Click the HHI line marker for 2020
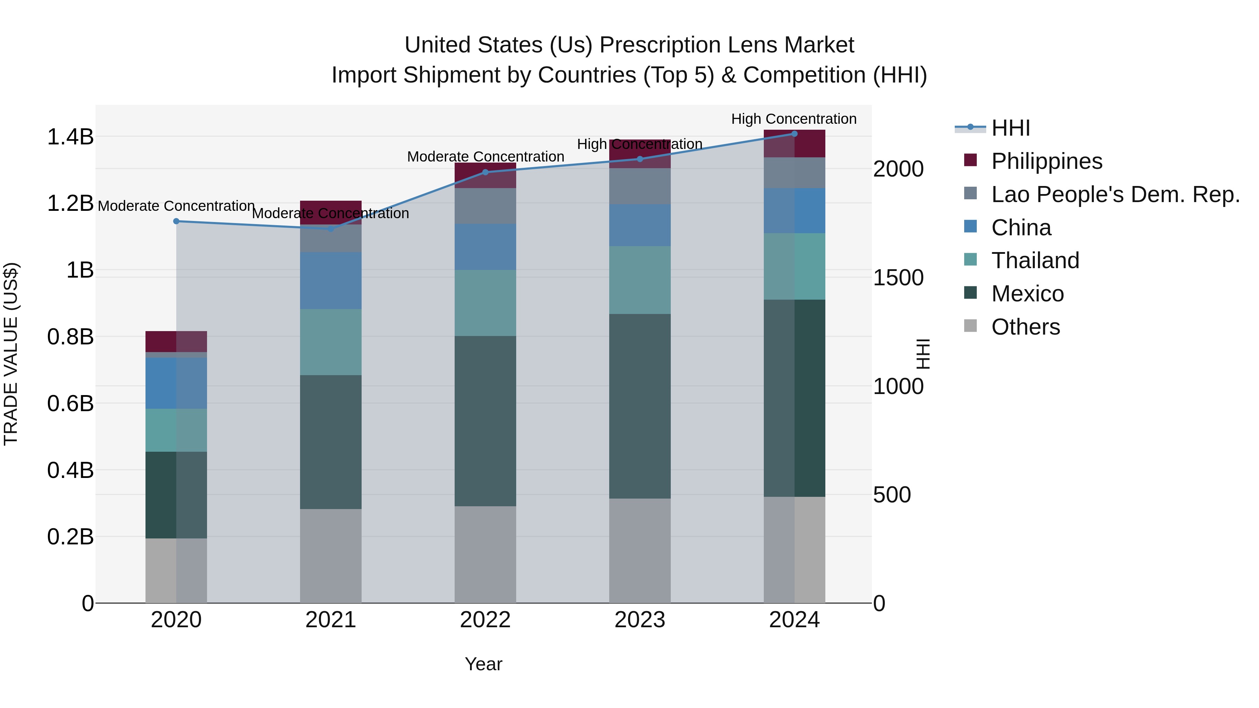click(x=177, y=221)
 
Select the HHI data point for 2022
click(x=485, y=172)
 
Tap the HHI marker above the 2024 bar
click(x=794, y=134)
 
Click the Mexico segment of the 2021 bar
click(x=331, y=442)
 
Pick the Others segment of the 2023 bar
click(x=640, y=551)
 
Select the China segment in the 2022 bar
click(x=485, y=247)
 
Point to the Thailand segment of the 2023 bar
click(x=640, y=280)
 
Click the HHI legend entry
click(x=1010, y=128)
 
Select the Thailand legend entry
click(x=1035, y=260)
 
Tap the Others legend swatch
click(x=970, y=326)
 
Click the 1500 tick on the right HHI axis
click(x=898, y=278)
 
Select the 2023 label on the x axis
click(x=640, y=620)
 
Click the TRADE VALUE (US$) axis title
click(x=11, y=354)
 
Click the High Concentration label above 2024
click(x=794, y=119)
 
